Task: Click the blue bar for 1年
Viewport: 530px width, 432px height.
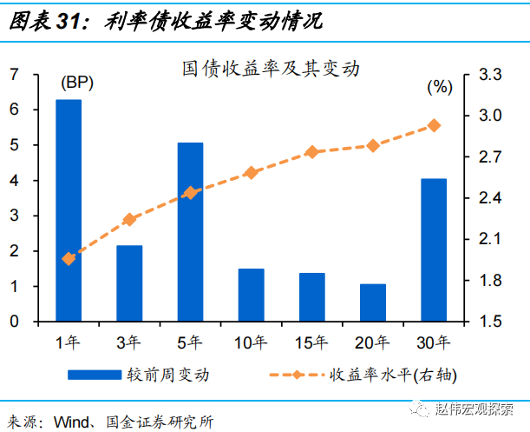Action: coord(69,210)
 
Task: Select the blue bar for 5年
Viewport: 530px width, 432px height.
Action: coord(190,232)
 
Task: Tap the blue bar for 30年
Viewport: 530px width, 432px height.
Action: coord(433,249)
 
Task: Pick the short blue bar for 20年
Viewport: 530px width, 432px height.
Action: coord(372,302)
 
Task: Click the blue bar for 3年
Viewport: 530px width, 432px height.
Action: coord(129,283)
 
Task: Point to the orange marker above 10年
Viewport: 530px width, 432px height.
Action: coord(251,173)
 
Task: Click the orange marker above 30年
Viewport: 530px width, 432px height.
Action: coord(434,125)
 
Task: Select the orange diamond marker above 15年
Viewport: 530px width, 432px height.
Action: coord(312,152)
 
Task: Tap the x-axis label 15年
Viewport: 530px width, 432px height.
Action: coord(312,342)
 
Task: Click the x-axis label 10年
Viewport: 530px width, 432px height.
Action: coord(251,342)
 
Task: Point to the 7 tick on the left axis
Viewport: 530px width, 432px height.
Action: coord(14,75)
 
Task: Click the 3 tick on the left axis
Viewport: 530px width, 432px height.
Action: coord(14,216)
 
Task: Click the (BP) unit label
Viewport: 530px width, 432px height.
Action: coord(76,84)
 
